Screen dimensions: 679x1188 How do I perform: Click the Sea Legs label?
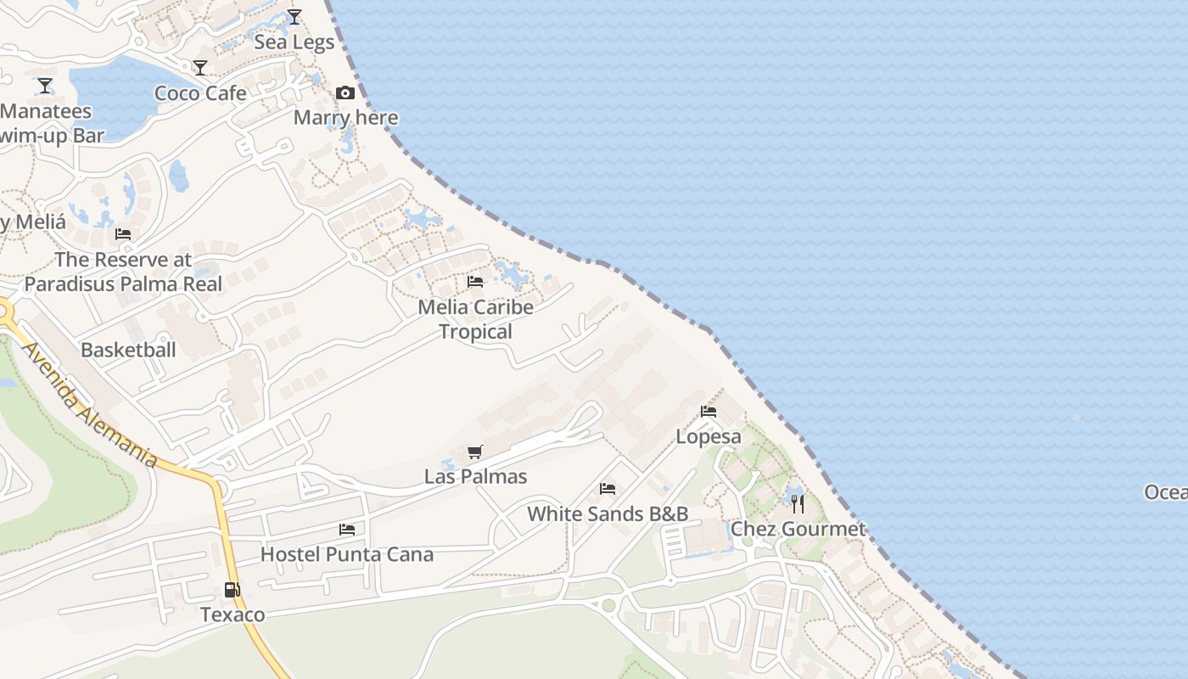294,42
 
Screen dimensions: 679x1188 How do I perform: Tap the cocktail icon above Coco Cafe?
200,68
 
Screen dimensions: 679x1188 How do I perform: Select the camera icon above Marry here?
345,93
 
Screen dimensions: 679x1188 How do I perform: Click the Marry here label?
345,117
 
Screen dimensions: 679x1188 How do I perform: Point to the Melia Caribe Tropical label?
475,319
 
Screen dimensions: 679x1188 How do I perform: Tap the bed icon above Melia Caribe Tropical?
475,282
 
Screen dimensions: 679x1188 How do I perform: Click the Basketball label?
128,350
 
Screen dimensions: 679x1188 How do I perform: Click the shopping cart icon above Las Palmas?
475,452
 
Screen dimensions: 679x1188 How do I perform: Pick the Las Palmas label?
475,477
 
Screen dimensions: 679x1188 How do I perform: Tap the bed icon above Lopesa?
709,412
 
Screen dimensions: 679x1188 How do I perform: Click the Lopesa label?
709,437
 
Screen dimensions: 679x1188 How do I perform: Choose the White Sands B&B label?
608,513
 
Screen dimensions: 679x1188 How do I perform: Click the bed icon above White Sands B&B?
608,489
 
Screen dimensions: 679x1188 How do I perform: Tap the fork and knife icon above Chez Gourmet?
798,503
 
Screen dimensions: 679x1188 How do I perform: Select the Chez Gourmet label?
798,530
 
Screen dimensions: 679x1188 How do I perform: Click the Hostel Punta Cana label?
347,555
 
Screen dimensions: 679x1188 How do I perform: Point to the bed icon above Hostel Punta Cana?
347,530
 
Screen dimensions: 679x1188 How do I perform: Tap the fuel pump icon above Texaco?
232,590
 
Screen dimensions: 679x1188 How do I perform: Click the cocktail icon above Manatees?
45,86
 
